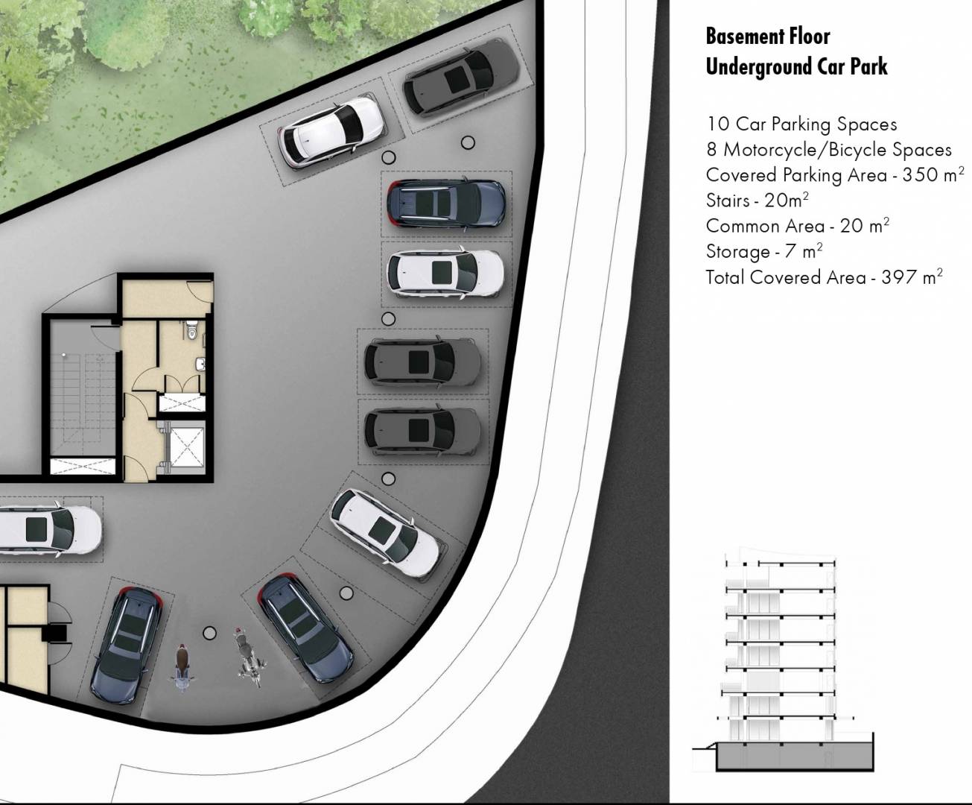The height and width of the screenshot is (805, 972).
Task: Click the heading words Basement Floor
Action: (x=768, y=37)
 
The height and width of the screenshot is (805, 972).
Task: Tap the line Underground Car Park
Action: (x=796, y=66)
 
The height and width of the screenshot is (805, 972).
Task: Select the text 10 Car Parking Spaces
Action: (x=801, y=124)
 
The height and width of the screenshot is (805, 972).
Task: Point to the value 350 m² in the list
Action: (x=933, y=174)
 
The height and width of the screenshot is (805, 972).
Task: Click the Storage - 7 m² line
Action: (x=764, y=252)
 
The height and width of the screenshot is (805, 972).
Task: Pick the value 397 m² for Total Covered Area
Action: (x=912, y=277)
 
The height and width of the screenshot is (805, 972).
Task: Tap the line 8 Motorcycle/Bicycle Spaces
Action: (x=828, y=150)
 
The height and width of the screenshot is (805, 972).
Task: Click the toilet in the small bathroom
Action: (x=191, y=329)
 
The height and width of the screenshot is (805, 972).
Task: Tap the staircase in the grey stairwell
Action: (x=83, y=404)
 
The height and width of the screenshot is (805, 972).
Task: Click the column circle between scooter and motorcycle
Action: (x=210, y=633)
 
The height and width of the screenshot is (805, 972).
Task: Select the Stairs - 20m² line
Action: (x=757, y=201)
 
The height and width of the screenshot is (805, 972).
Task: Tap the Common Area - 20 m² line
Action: (x=798, y=226)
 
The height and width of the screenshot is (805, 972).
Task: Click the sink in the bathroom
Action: (x=200, y=364)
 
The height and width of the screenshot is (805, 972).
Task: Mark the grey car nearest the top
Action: (x=461, y=76)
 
